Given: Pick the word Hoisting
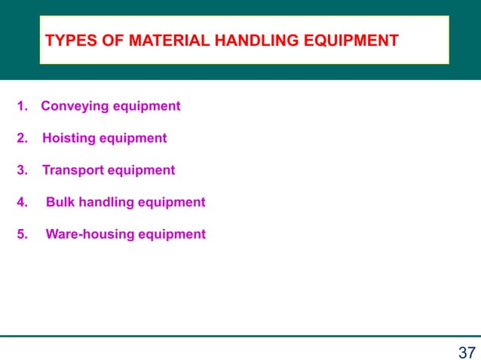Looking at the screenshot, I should [69, 139].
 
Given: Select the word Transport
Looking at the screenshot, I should [73, 170].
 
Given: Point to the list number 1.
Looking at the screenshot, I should [21, 106].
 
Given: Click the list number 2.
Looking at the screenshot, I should [21, 139].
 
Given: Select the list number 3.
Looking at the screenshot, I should [21, 170].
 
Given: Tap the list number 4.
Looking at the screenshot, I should [21, 202].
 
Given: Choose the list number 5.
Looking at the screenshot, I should [21, 234].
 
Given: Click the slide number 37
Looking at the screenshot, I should [467, 351].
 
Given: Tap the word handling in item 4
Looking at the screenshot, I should [102, 202].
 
